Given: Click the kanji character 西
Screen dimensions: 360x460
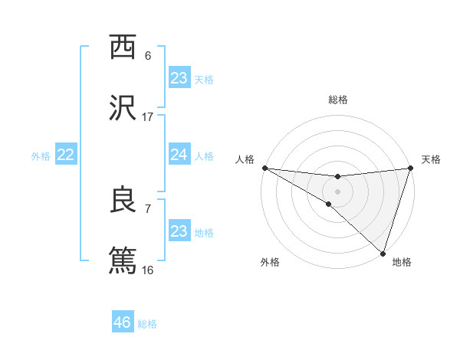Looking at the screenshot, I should click(123, 47).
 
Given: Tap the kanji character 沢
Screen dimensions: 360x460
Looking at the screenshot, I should click(123, 108).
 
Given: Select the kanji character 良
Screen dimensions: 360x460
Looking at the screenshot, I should click(123, 200).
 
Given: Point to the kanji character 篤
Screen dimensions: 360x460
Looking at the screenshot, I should click(123, 260).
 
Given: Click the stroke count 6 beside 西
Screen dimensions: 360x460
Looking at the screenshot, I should click(148, 56).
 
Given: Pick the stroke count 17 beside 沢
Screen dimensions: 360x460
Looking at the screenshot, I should click(148, 117).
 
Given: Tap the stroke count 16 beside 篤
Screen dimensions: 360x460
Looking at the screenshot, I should click(148, 270).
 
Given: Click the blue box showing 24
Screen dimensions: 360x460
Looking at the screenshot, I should click(179, 155).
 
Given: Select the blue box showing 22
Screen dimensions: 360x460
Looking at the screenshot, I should click(65, 155).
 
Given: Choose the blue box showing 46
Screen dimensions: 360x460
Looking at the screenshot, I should click(123, 322).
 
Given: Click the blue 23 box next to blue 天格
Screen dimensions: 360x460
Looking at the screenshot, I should click(179, 78).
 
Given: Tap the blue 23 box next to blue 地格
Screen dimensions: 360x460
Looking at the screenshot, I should click(179, 231).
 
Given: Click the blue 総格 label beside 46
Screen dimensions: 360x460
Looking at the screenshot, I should click(147, 324).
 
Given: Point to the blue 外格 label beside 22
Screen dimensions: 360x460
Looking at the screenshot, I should click(41, 155).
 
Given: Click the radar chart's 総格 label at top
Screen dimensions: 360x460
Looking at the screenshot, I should click(337, 100).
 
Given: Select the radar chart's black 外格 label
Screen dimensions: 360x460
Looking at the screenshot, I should click(269, 262).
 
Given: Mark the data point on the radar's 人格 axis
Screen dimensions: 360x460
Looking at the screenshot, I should click(264, 167).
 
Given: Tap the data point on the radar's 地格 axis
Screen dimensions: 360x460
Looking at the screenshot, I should click(383, 253).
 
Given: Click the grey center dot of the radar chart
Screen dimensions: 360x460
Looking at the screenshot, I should click(337, 191).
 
